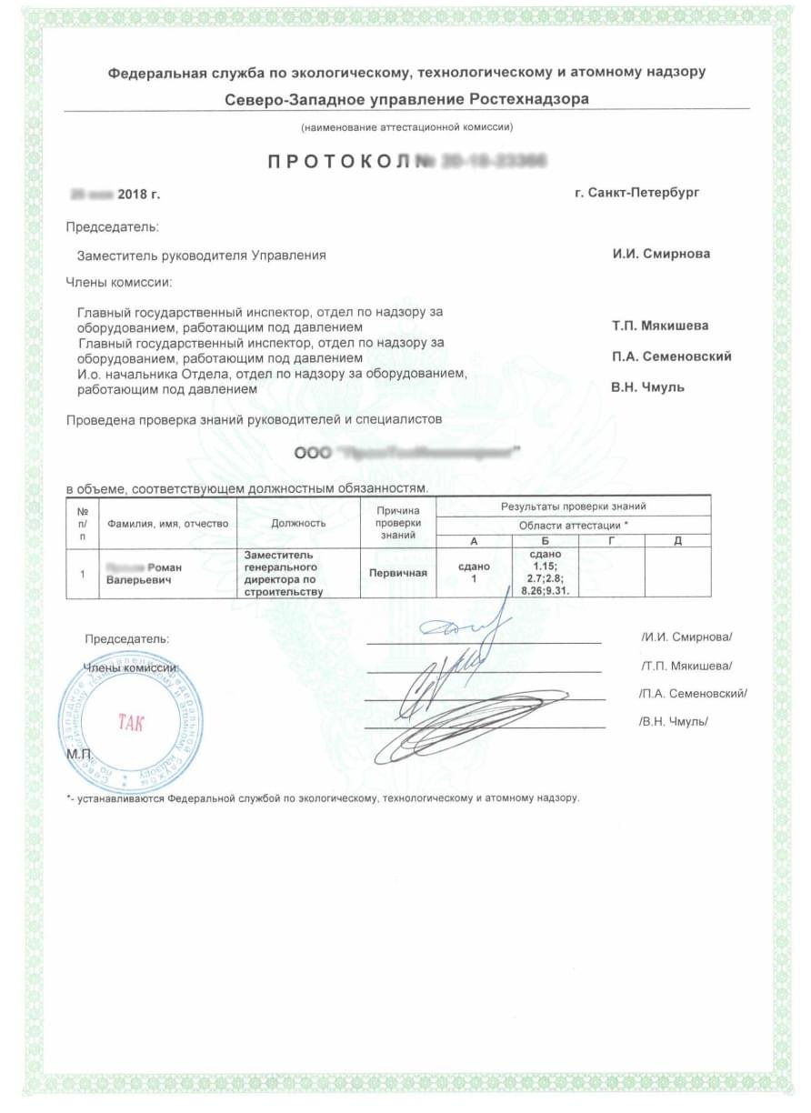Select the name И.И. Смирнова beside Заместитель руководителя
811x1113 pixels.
[661, 255]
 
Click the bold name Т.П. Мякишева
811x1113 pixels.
[660, 326]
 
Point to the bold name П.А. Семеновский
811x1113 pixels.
[672, 356]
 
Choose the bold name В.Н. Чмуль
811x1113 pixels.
[647, 387]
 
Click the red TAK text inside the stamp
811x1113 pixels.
[131, 724]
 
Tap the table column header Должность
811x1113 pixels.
[298, 524]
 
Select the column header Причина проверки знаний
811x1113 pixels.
[398, 524]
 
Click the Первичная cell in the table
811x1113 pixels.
[398, 574]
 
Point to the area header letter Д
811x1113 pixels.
[677, 541]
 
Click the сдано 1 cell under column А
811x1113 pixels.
[474, 573]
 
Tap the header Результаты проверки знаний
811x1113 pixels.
[574, 506]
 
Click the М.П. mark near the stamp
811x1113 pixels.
[79, 754]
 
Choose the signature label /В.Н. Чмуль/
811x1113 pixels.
[674, 722]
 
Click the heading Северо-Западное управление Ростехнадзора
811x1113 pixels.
[406, 98]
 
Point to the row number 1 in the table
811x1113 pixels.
[83, 574]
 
